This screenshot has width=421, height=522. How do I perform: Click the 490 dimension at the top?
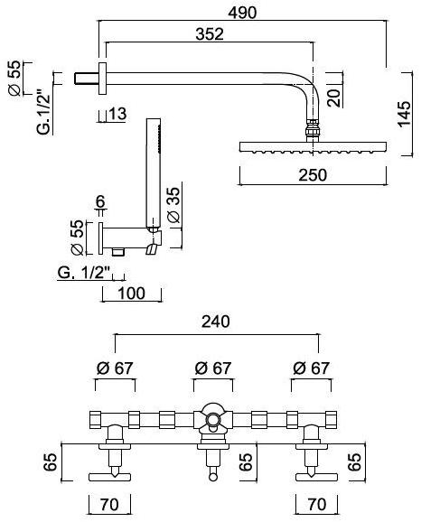point(242,13)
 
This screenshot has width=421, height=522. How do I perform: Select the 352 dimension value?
point(210,34)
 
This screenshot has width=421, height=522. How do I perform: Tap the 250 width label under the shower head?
point(313,175)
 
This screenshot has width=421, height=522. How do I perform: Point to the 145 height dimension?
point(404,114)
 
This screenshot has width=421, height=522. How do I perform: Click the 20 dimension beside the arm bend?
point(333,98)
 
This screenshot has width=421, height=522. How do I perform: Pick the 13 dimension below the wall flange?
point(118,114)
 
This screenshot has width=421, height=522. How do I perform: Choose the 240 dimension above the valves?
point(216,322)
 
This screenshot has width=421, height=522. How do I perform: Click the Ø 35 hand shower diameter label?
point(173,205)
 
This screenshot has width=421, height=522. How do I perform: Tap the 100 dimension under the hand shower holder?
point(132,294)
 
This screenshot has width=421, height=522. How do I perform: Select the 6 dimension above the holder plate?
point(100,201)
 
